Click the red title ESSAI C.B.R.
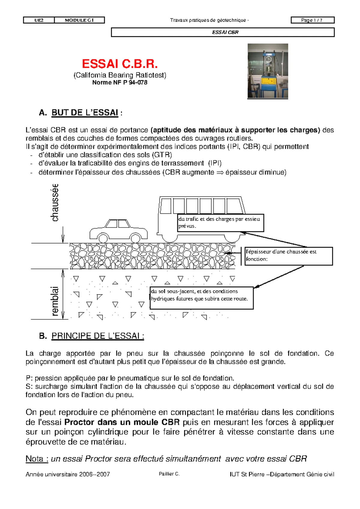click(120, 64)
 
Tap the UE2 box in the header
click(39, 20)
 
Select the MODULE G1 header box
click(79, 20)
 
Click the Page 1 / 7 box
click(312, 20)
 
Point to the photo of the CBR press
click(268, 71)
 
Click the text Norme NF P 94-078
click(120, 83)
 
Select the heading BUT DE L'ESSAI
click(85, 113)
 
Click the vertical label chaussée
click(55, 203)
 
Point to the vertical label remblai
click(55, 301)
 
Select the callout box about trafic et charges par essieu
click(220, 223)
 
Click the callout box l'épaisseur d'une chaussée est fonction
click(289, 256)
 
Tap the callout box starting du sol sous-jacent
click(201, 298)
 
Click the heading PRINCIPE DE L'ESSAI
click(98, 336)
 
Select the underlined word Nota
click(37, 459)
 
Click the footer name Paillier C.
click(169, 474)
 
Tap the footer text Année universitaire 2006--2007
click(68, 474)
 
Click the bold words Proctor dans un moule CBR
click(122, 422)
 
